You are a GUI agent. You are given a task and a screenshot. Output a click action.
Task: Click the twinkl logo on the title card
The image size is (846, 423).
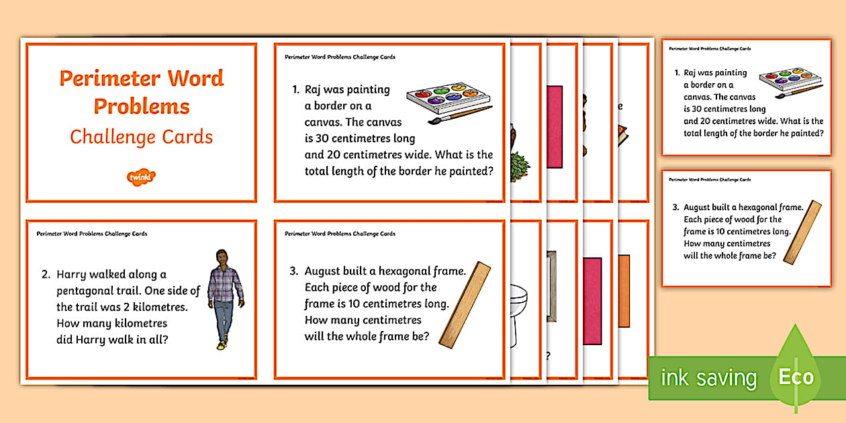(141, 177)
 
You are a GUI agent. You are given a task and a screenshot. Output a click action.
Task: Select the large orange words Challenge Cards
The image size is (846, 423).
(142, 137)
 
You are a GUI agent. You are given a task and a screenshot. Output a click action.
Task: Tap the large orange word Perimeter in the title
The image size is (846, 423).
(110, 79)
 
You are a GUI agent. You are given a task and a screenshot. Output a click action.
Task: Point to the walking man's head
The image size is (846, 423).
(222, 257)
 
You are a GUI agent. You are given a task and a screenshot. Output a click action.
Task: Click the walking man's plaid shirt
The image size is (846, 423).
(224, 285)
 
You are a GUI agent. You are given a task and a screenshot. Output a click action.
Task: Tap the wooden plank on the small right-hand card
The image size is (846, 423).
(802, 232)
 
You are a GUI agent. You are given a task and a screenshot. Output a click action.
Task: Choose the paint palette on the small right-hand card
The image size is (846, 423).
(790, 79)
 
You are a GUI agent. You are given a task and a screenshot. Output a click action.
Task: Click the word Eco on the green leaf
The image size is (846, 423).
(796, 377)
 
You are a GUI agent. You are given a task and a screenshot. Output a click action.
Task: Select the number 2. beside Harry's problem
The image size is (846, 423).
(46, 275)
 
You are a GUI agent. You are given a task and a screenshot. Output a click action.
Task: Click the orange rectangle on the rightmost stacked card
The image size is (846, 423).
(624, 290)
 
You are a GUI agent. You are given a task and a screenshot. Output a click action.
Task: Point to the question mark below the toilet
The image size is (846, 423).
(548, 356)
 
